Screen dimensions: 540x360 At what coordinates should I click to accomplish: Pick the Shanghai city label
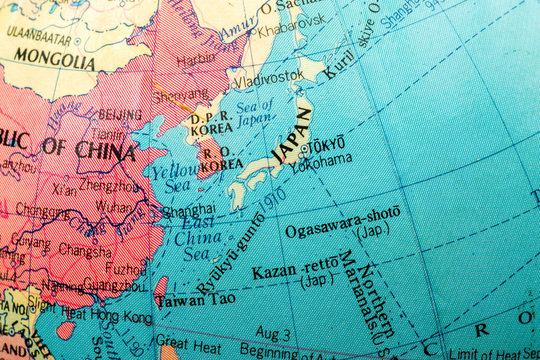click(x=187, y=210)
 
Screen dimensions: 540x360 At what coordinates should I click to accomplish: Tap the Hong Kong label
click(x=123, y=317)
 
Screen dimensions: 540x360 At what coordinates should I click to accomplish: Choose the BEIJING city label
click(x=119, y=114)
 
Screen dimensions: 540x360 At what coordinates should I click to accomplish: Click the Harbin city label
click(x=196, y=60)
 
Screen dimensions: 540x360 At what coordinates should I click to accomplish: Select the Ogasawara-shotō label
click(x=342, y=221)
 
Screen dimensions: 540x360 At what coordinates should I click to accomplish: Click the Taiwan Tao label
click(x=196, y=299)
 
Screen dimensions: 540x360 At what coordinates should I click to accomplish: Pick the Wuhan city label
click(x=113, y=205)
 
